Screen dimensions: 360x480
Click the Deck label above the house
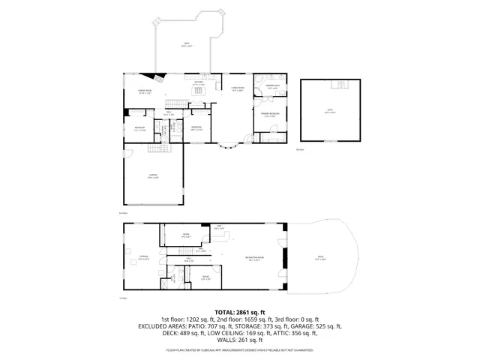[x=187, y=44]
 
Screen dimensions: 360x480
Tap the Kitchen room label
[x=199, y=83]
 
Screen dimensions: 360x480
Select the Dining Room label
[x=145, y=92]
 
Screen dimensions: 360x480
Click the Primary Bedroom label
[x=269, y=115]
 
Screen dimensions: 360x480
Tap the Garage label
[x=153, y=177]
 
